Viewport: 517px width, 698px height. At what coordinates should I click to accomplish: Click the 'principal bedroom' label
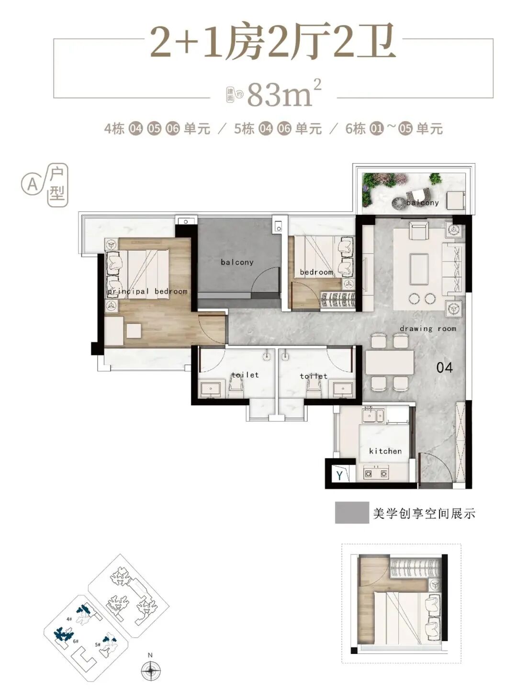point(147,291)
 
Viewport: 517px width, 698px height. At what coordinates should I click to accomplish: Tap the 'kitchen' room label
point(385,451)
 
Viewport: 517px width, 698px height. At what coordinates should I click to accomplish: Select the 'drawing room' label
point(428,329)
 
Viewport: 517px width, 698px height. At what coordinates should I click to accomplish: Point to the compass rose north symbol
point(151,670)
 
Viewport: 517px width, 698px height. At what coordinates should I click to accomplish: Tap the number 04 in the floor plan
point(444,367)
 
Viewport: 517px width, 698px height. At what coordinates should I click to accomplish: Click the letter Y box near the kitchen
point(339,475)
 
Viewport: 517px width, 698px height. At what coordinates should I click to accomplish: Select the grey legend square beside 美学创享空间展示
point(352,512)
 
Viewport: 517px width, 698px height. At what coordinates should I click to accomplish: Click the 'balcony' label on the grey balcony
point(237,262)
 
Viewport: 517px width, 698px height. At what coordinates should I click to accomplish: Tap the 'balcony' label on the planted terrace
point(422,203)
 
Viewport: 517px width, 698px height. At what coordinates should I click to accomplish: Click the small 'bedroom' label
point(316,272)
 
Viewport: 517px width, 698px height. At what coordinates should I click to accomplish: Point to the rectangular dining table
point(390,362)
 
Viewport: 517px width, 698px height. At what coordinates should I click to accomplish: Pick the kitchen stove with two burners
point(376,474)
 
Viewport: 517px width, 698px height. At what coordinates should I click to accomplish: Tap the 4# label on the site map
point(70,619)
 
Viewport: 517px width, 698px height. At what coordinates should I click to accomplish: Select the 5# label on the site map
point(98,644)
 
